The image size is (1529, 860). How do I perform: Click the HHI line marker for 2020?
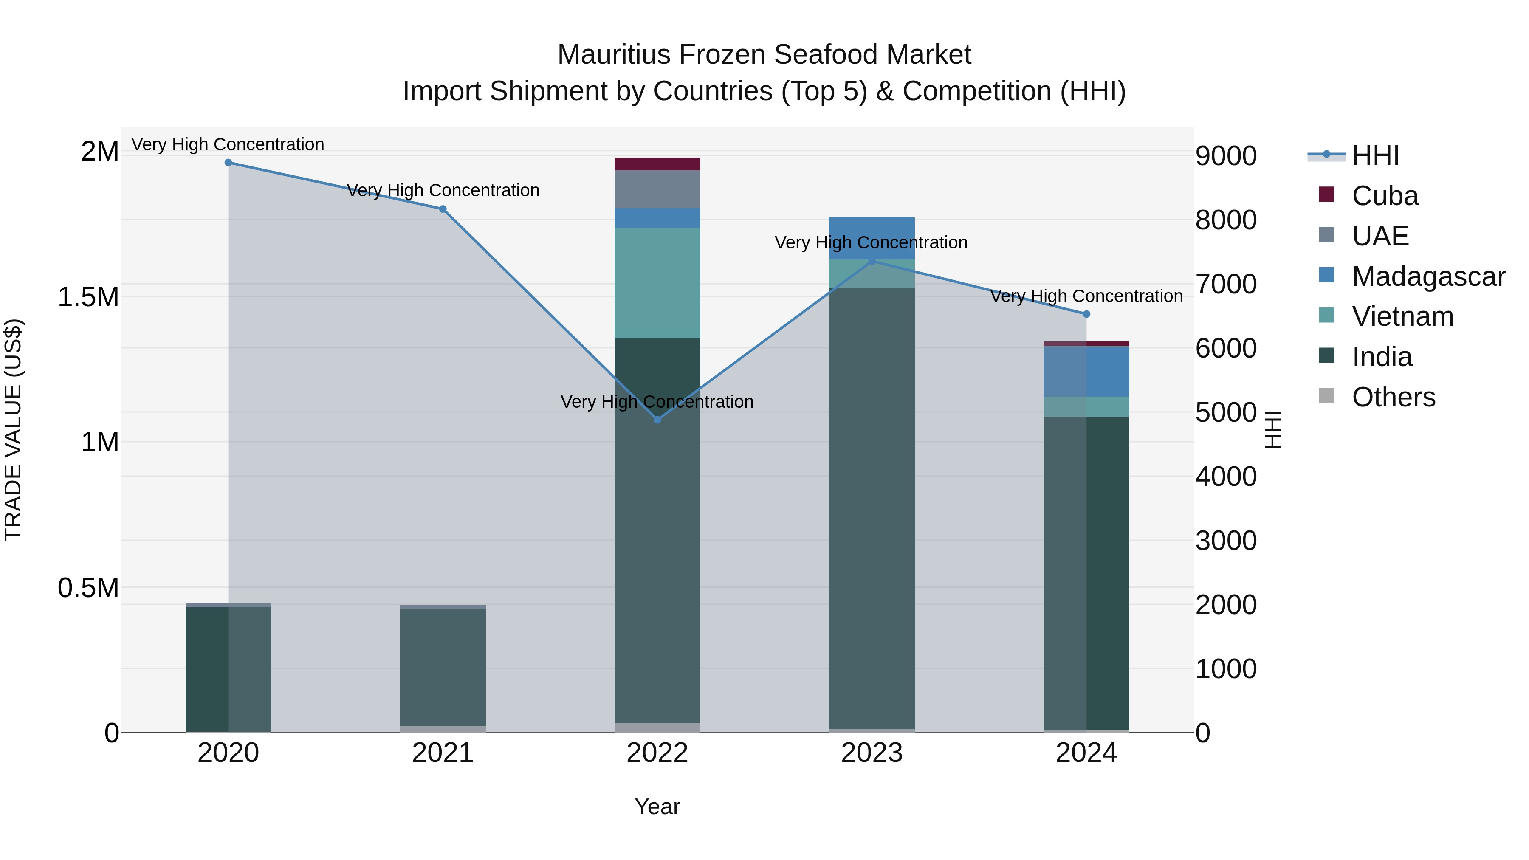(x=229, y=163)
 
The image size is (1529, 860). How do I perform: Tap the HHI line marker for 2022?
(x=657, y=420)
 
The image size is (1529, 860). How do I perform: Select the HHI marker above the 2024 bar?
(x=1086, y=314)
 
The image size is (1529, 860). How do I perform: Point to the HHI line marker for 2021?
(x=443, y=209)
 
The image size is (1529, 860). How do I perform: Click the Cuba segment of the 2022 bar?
(x=657, y=164)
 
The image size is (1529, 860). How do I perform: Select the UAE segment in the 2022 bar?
(x=657, y=189)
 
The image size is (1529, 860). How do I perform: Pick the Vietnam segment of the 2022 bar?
(x=657, y=283)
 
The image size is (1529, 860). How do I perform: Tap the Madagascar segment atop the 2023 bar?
(x=872, y=237)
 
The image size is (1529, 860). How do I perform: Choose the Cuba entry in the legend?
(x=1385, y=196)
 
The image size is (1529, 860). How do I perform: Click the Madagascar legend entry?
(x=1428, y=276)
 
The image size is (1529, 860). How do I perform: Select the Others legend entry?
(x=1393, y=397)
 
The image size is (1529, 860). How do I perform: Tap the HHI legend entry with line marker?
(x=1375, y=155)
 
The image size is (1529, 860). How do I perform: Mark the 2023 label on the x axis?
(x=872, y=753)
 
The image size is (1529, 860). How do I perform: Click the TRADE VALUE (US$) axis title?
(x=14, y=430)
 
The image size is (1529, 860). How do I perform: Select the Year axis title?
(x=657, y=806)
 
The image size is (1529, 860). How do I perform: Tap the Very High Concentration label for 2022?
(x=657, y=402)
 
